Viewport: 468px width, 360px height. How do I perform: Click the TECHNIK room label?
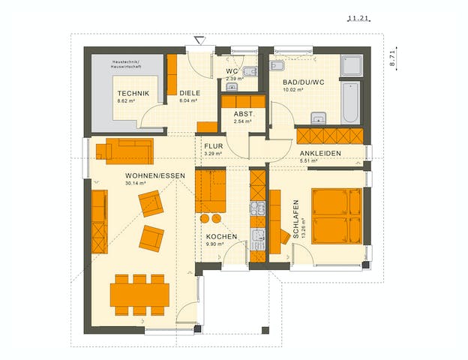133,92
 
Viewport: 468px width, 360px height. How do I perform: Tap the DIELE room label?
189,92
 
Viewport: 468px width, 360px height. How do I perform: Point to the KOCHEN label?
222,236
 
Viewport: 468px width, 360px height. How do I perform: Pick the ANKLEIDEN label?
321,153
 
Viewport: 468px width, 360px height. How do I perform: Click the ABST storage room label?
242,114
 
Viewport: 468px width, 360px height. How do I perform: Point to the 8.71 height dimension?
391,58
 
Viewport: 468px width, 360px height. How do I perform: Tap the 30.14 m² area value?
136,182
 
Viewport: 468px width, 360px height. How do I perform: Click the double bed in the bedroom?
337,215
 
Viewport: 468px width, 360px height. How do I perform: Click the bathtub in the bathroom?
352,103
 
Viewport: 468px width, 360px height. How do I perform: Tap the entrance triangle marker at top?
199,39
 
